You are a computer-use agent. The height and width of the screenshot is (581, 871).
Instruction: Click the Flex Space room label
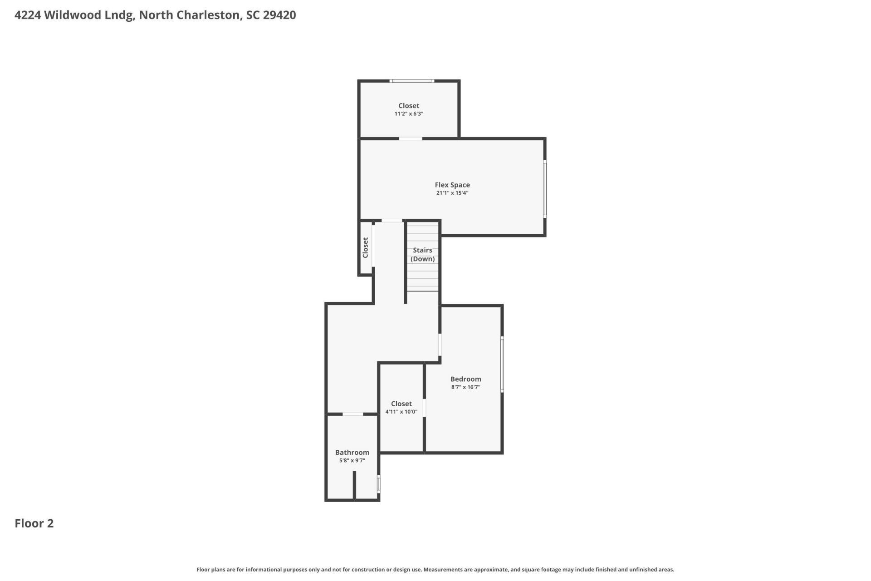pos(452,185)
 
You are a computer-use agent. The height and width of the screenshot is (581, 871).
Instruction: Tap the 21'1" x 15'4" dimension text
pos(452,193)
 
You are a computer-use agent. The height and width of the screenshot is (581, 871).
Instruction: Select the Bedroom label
pos(465,379)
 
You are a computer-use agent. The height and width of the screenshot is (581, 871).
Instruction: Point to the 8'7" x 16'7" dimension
pos(465,387)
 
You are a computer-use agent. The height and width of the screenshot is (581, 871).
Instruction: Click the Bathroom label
pos(352,452)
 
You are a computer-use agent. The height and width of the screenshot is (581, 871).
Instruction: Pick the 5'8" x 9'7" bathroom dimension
pos(352,460)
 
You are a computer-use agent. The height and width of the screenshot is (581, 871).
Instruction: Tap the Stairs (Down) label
pos(422,254)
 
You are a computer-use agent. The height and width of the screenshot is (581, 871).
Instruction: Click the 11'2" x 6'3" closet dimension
pos(409,114)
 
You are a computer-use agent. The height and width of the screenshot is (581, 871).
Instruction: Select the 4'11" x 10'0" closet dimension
pos(401,412)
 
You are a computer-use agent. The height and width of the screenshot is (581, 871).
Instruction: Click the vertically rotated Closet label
pos(365,248)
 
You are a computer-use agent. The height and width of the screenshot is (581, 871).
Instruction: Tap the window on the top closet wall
pos(412,81)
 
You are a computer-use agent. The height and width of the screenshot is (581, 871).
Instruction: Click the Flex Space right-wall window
pos(545,188)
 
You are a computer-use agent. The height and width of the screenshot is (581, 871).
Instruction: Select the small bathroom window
pos(379,484)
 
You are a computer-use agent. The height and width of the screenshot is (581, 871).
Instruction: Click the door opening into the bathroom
pos(352,414)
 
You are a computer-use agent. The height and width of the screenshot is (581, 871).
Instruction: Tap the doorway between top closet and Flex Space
pos(410,138)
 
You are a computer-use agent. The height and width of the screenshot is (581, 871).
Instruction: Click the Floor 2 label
pos(34,523)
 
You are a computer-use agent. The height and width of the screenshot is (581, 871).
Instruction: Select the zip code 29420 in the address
pos(279,15)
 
